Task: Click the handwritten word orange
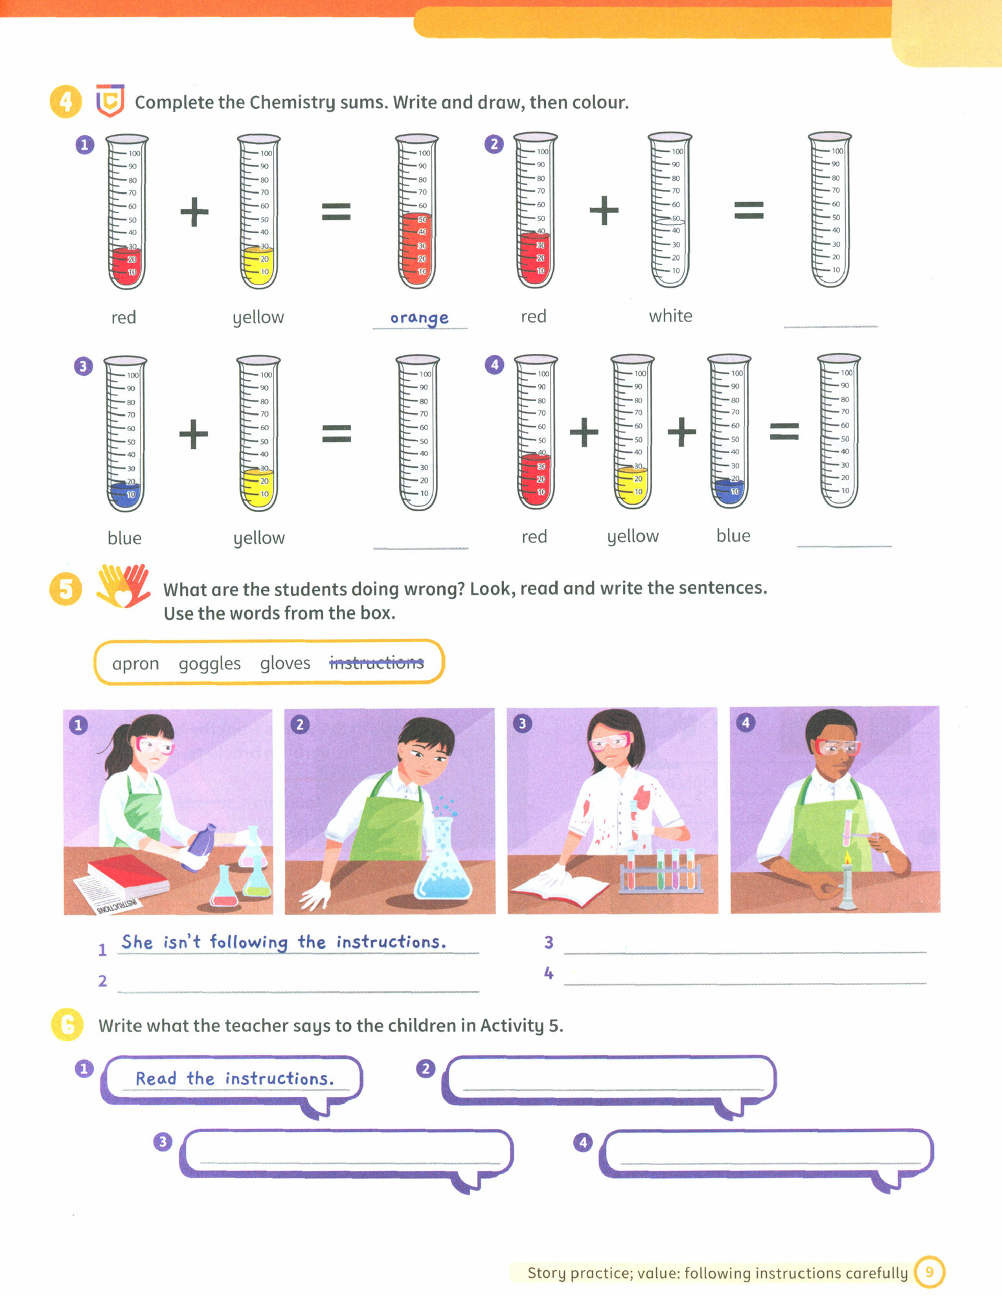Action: click(419, 318)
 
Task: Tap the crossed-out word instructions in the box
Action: click(376, 662)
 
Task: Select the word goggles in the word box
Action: click(209, 664)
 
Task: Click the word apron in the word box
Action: click(135, 664)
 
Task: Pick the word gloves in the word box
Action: click(285, 664)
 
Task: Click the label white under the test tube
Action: click(670, 316)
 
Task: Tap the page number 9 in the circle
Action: click(929, 1272)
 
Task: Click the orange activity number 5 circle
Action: click(66, 589)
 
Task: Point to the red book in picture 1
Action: click(128, 876)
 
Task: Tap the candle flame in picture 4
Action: click(847, 859)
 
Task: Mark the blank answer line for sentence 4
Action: click(745, 984)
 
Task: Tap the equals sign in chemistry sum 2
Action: click(749, 210)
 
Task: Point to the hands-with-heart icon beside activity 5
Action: click(123, 586)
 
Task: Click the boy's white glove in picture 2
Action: click(315, 894)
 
